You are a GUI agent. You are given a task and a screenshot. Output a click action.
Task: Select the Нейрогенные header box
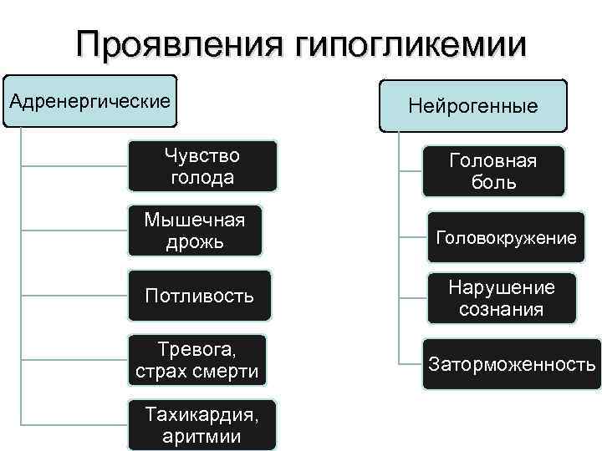point(472,106)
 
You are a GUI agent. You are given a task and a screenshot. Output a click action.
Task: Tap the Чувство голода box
point(202,166)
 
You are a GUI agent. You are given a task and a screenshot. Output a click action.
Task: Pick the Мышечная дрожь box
point(195,231)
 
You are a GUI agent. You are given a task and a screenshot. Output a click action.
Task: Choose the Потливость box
point(199,296)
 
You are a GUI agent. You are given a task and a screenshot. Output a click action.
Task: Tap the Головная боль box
point(492,171)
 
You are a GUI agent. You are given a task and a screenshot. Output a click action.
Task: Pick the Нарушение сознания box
point(501,298)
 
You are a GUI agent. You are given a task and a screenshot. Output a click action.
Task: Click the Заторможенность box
point(512,364)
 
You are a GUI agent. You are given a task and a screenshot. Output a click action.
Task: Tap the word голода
point(202,177)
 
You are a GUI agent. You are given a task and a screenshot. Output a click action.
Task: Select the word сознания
point(501,309)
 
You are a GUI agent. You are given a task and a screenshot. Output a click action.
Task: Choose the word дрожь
point(195,242)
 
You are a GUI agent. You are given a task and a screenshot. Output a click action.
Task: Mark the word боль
point(492,182)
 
